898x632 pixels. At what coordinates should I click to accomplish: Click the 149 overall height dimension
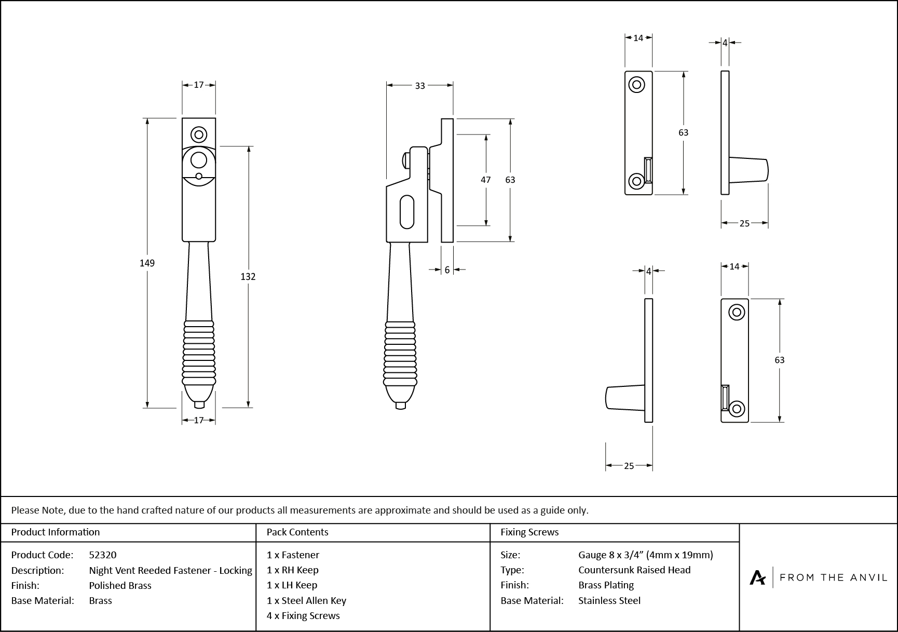[147, 263]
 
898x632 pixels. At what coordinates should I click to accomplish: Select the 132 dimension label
[248, 277]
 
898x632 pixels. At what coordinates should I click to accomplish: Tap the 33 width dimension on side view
[420, 86]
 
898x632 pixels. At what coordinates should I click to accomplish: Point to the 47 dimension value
[485, 180]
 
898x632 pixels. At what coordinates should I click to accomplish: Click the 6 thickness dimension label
[447, 270]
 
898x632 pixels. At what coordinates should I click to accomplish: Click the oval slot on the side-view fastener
[407, 212]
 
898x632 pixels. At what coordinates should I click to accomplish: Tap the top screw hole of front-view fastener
[199, 135]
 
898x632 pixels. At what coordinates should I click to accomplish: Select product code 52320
[103, 555]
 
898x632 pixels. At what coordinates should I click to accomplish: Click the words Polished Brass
[120, 585]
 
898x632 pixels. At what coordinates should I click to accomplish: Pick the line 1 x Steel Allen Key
[306, 600]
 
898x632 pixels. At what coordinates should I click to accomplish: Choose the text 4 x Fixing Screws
[303, 615]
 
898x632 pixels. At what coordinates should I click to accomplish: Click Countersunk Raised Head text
[634, 570]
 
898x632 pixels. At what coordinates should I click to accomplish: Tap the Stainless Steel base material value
[609, 600]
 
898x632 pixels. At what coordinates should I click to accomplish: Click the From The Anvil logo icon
[757, 577]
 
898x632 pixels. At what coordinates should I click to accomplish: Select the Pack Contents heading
[297, 532]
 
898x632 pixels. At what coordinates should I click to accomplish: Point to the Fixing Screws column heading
[529, 532]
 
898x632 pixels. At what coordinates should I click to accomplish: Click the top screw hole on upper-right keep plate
[636, 85]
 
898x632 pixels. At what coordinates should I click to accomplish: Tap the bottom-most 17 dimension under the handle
[199, 421]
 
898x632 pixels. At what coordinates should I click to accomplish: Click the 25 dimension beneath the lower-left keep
[629, 466]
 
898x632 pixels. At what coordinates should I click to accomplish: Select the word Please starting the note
[25, 510]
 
